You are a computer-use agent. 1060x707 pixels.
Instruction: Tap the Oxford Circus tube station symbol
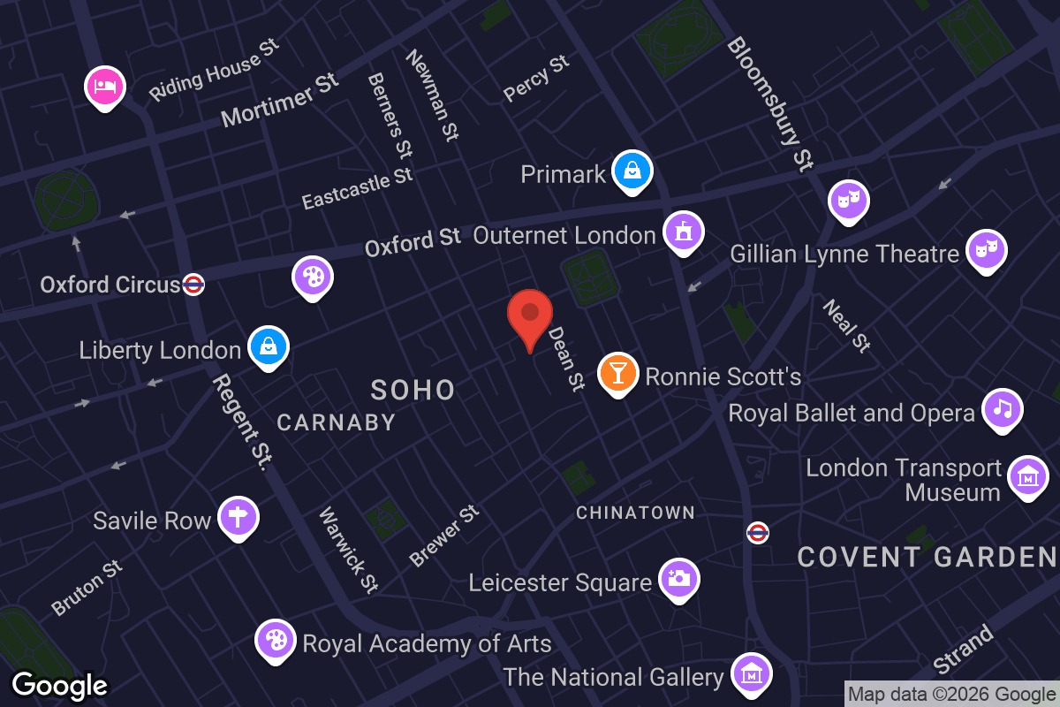pos(193,285)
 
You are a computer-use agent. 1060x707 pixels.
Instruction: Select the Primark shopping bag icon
pos(632,171)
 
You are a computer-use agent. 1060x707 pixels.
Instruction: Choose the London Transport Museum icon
pos(1028,477)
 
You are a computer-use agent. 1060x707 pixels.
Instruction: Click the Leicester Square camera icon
pos(678,579)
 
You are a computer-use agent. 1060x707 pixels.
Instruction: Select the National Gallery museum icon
pos(751,674)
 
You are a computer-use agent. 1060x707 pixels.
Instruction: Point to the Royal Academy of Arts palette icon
pos(276,640)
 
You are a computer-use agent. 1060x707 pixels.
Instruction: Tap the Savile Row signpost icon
pos(238,517)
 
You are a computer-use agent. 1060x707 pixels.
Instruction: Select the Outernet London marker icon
pos(683,232)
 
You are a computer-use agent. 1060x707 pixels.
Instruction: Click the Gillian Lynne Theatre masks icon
pos(985,250)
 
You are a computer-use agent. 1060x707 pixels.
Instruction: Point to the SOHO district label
pos(413,390)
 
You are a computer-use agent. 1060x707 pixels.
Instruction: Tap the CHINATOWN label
pos(635,513)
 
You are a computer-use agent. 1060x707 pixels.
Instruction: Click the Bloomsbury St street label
pos(769,103)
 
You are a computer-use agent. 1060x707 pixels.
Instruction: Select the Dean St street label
pos(567,359)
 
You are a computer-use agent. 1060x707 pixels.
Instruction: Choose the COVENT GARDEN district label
pos(927,558)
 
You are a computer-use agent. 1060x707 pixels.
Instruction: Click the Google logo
pos(60,685)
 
